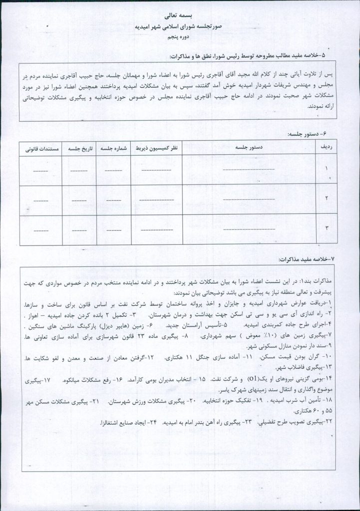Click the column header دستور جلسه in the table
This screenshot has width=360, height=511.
tap(248, 148)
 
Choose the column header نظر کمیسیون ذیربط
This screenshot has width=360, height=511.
tap(156, 148)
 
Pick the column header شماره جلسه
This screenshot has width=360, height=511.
tap(114, 148)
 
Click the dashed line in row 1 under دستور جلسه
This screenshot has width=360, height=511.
tap(248, 170)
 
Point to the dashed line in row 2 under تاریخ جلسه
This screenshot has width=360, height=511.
tap(79, 200)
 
